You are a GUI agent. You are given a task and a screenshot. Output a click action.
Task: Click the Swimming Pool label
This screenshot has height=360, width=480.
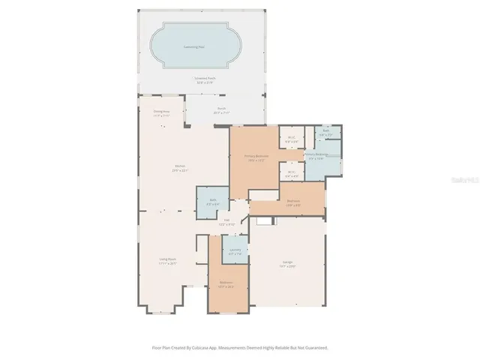click(x=195, y=47)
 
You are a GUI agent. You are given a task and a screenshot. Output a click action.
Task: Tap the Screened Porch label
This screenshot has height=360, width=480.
click(x=200, y=79)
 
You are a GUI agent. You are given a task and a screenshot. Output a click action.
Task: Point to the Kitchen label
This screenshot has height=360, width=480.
click(x=180, y=167)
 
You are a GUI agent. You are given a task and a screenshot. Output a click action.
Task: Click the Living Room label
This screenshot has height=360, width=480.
click(x=166, y=262)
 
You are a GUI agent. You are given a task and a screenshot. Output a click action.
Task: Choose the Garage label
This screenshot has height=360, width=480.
click(x=288, y=263)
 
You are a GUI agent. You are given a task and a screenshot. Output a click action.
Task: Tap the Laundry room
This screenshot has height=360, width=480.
click(x=235, y=251)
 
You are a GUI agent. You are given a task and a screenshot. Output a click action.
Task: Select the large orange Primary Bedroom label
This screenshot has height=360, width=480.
click(x=256, y=157)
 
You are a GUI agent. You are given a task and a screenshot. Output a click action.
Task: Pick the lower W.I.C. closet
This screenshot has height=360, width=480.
click(x=292, y=172)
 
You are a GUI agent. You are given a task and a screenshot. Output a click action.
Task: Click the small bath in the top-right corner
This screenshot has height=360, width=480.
click(x=326, y=133)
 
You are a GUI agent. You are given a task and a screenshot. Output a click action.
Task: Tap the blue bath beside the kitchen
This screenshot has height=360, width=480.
click(x=213, y=202)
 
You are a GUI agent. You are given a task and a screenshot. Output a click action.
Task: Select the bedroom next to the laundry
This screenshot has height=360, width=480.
click(x=227, y=283)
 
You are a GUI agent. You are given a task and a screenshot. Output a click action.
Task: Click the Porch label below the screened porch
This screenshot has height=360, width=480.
click(x=223, y=110)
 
